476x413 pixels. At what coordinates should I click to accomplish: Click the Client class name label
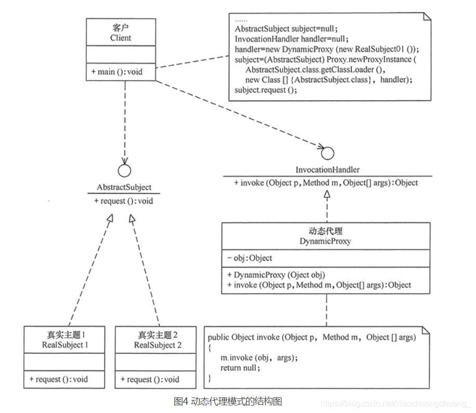121,38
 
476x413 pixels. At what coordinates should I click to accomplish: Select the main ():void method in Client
117,72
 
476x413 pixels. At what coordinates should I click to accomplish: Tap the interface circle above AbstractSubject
124,170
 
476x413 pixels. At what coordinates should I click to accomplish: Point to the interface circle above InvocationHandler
327,153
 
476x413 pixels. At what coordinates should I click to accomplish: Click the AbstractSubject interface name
124,188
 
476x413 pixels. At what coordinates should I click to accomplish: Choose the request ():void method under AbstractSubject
123,201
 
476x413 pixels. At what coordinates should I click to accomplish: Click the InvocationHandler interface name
327,170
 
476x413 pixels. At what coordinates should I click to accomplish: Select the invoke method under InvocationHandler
326,183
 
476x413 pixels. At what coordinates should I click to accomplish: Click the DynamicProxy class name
325,241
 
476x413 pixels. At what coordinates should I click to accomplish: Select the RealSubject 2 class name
156,345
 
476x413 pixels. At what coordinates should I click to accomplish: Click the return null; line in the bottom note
240,368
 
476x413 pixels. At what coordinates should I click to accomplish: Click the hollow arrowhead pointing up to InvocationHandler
327,194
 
